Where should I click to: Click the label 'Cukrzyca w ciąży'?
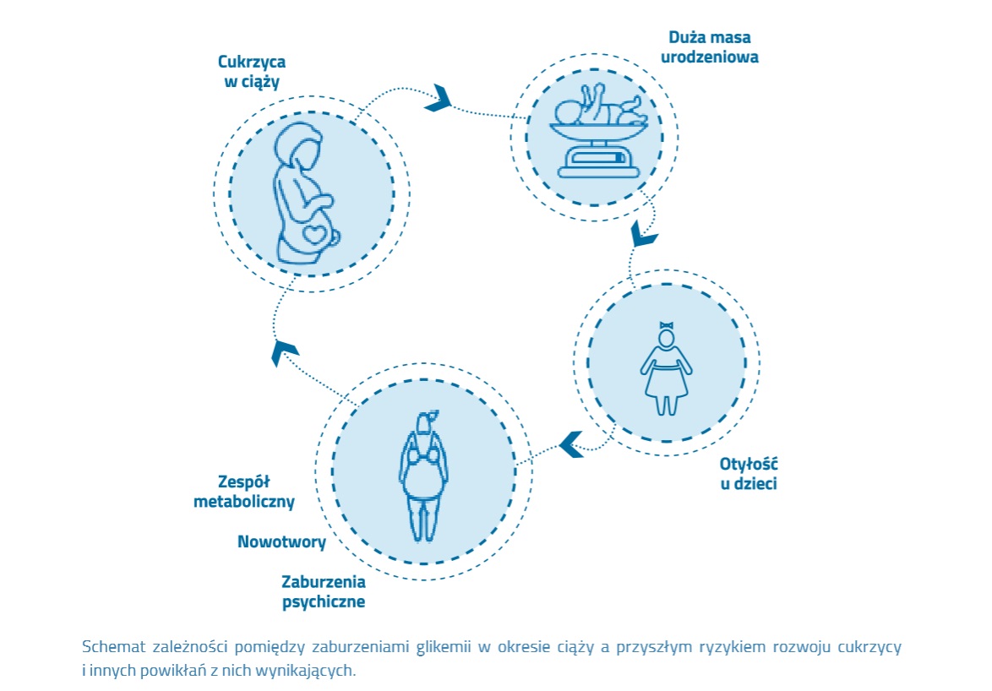(251, 72)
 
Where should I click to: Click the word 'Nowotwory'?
(281, 542)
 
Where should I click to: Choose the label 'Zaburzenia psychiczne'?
(324, 592)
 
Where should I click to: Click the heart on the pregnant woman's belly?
(316, 233)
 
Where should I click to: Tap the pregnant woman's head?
(299, 149)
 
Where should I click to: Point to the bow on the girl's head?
(667, 325)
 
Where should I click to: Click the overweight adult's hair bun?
(431, 416)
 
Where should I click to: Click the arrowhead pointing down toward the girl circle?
(644, 233)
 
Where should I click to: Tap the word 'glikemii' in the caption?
(443, 648)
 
